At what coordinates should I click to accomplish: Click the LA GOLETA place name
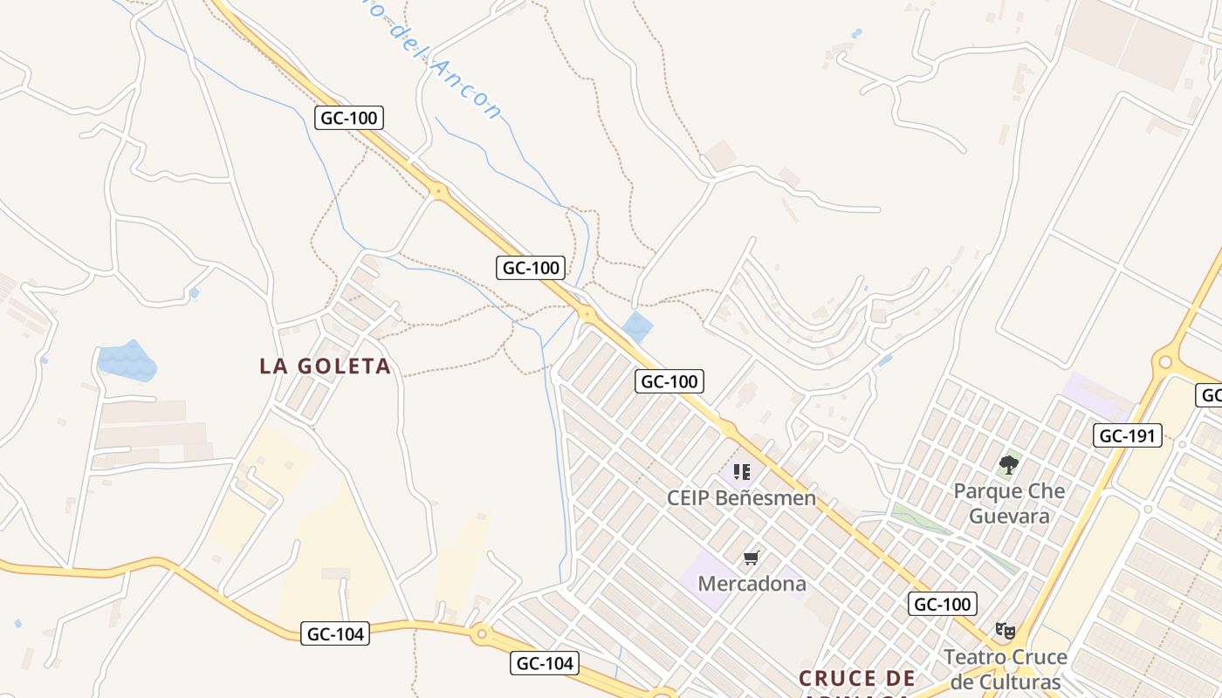click(x=325, y=366)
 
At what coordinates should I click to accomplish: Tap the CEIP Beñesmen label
click(x=741, y=498)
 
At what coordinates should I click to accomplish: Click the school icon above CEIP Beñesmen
click(x=742, y=472)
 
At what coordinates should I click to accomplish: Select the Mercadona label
click(x=752, y=583)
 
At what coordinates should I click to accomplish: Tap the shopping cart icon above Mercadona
click(x=752, y=558)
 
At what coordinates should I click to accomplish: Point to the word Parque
click(x=986, y=491)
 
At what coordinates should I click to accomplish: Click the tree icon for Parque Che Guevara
click(x=1009, y=464)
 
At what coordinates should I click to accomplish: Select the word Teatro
click(x=973, y=657)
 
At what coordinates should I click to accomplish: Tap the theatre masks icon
click(x=1006, y=630)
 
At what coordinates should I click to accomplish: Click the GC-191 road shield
click(x=1127, y=435)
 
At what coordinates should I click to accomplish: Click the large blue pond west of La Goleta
click(x=127, y=361)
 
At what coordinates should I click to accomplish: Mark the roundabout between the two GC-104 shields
click(x=481, y=634)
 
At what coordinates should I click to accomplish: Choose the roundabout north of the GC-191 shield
click(x=1164, y=360)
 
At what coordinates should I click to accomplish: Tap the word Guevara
click(x=1008, y=516)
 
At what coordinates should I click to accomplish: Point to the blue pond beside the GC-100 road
click(x=638, y=327)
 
